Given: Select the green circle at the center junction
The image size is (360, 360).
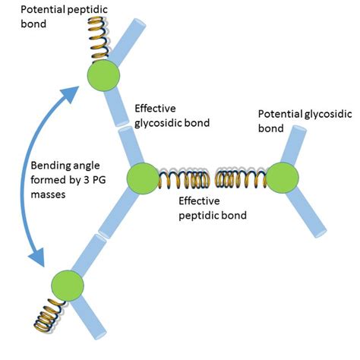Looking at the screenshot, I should click(142, 179).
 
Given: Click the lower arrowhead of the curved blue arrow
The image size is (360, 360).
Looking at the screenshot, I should click(39, 261).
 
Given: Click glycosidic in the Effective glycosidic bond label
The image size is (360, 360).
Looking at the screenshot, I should click(169, 121).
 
